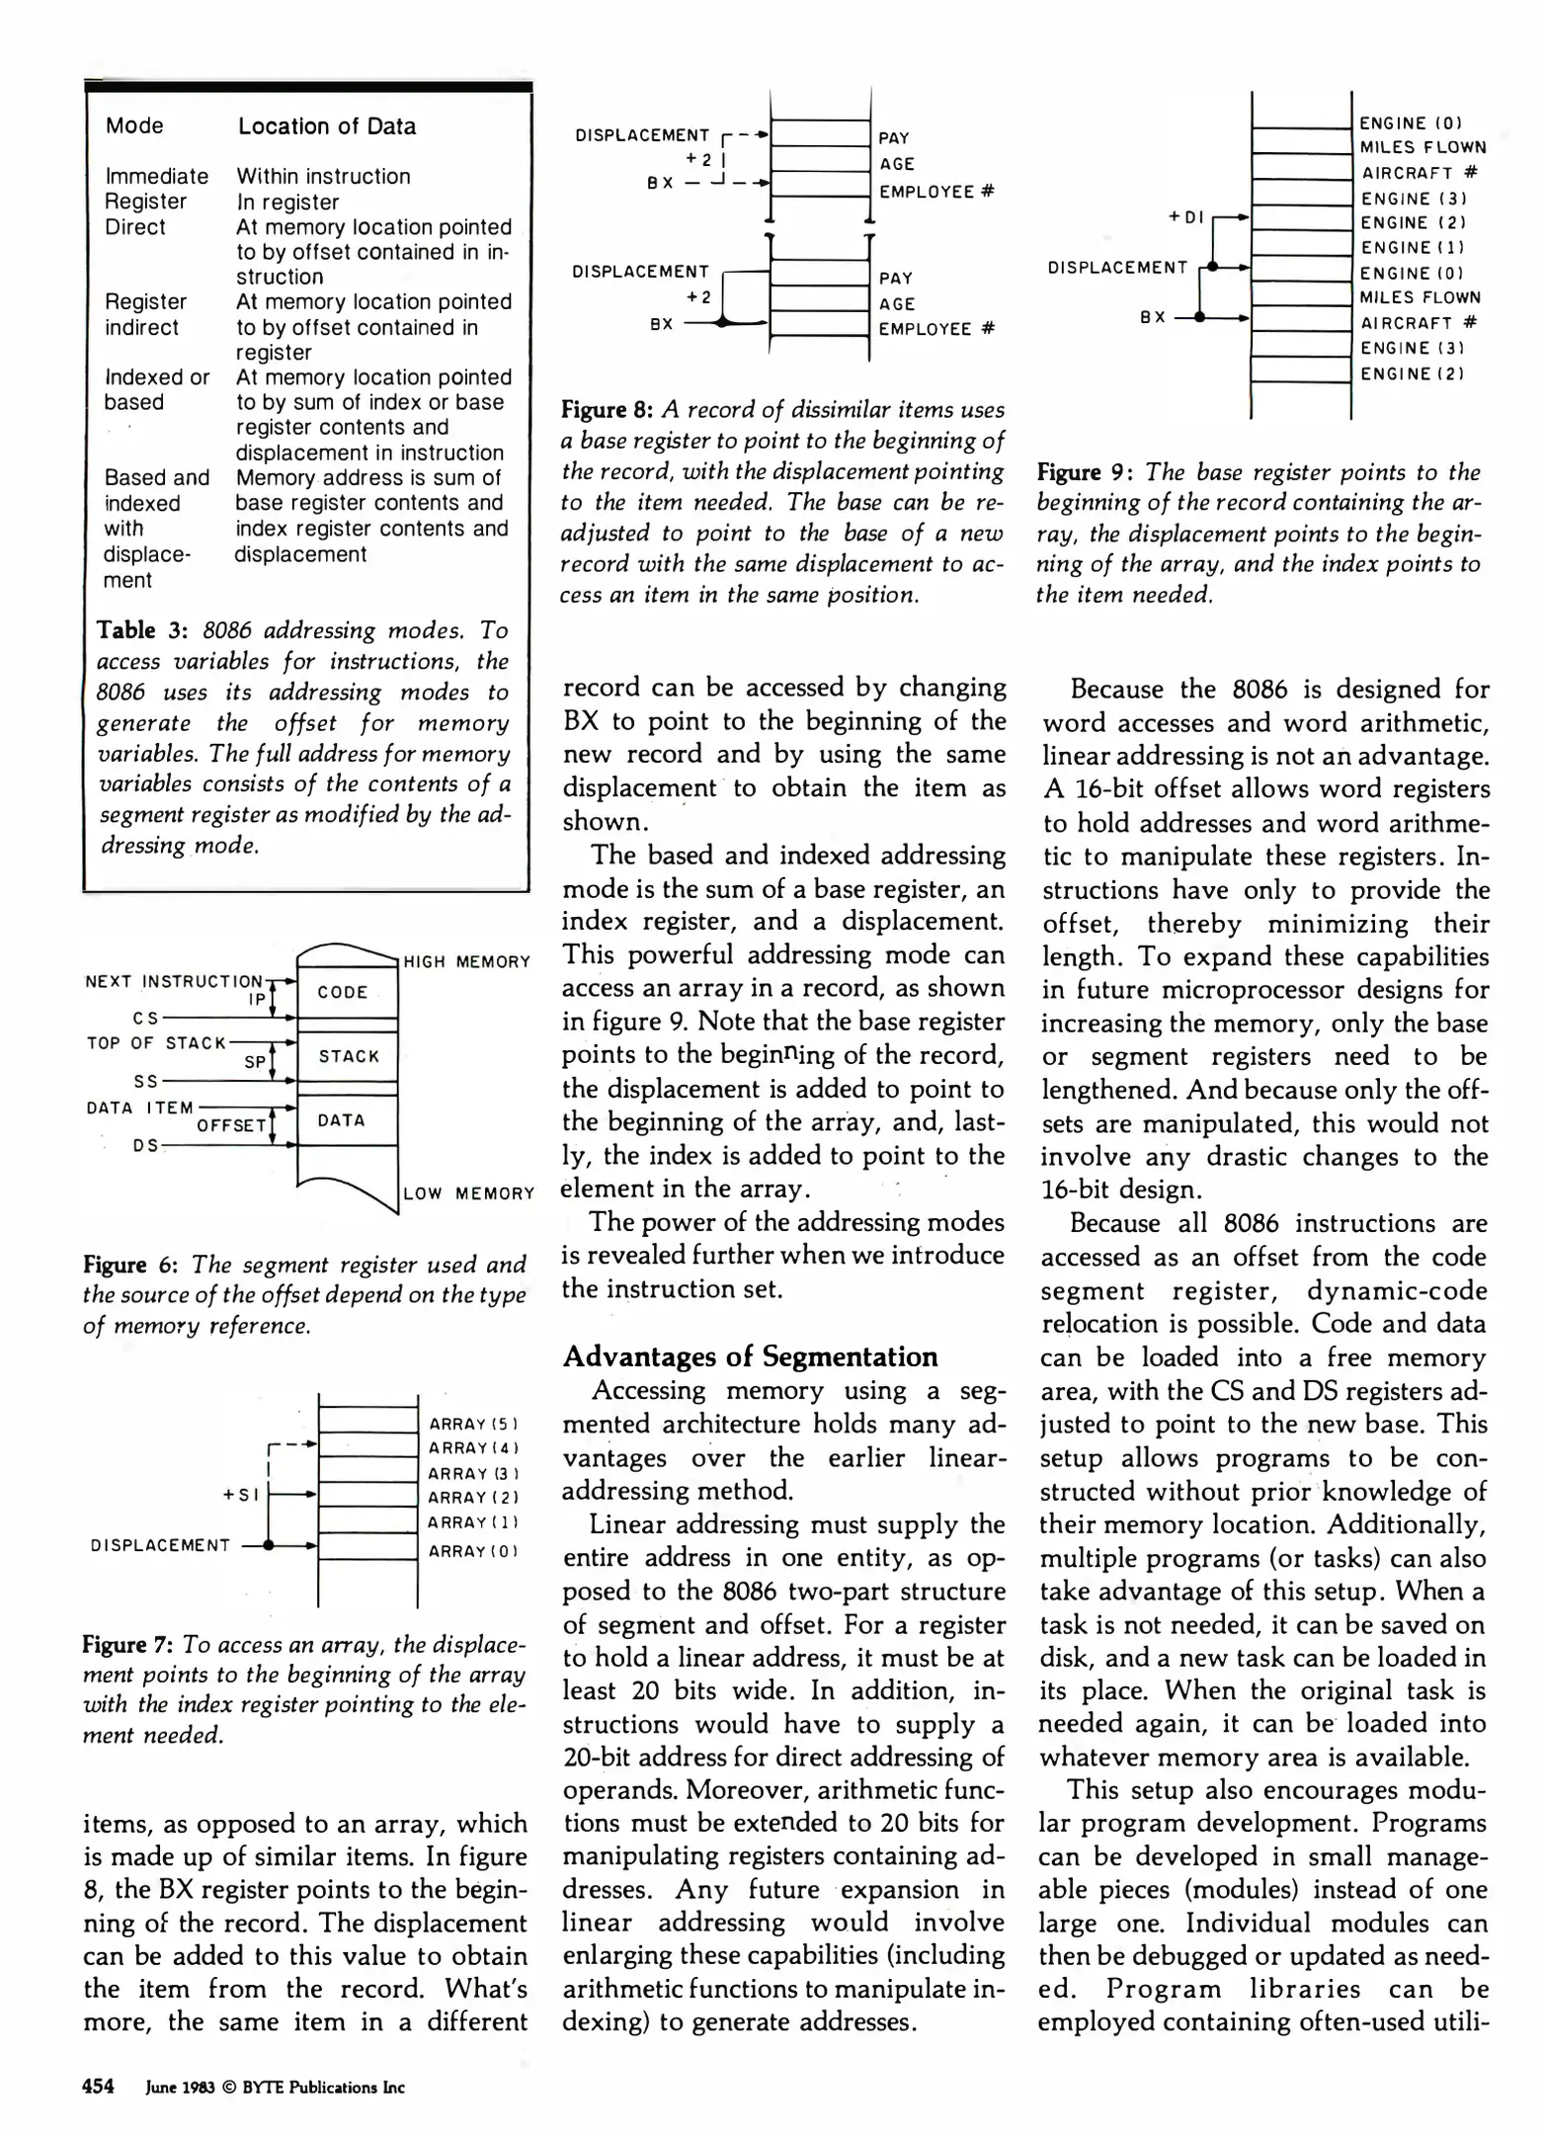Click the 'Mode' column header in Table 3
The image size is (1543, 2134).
[x=134, y=126]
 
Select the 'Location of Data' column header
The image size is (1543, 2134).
[x=327, y=126]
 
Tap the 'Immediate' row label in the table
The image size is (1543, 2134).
[x=156, y=177]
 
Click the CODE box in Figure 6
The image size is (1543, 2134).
[x=343, y=993]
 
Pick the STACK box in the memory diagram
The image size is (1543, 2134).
[x=349, y=1057]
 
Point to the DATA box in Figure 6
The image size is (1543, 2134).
[x=342, y=1121]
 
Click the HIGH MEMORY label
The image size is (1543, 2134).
[x=466, y=962]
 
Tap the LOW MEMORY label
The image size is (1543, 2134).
[x=468, y=1194]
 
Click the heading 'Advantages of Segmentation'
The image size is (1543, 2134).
[x=750, y=1357]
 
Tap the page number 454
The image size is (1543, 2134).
[x=99, y=2087]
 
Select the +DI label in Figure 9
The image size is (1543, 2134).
[x=1185, y=216]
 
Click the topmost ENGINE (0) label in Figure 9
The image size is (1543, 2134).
[x=1410, y=123]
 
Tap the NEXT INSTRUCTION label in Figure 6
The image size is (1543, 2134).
[x=174, y=982]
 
